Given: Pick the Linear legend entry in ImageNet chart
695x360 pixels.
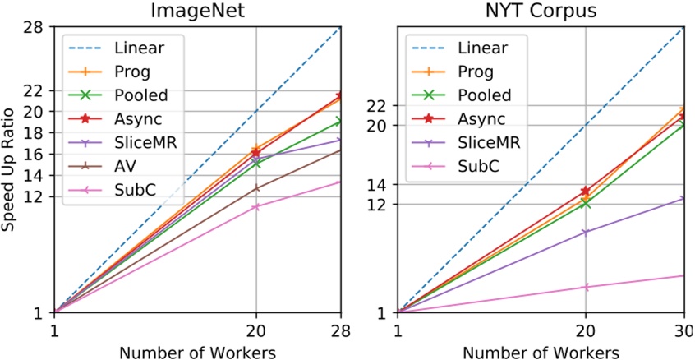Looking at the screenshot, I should click(138, 48).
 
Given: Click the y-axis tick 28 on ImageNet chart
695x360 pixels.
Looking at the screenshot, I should click(32, 27).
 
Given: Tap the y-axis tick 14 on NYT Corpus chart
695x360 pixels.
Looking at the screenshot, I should click(375, 185).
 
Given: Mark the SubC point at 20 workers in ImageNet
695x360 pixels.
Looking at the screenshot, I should click(255, 206).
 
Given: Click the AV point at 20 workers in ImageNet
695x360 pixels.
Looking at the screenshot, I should click(255, 188).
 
